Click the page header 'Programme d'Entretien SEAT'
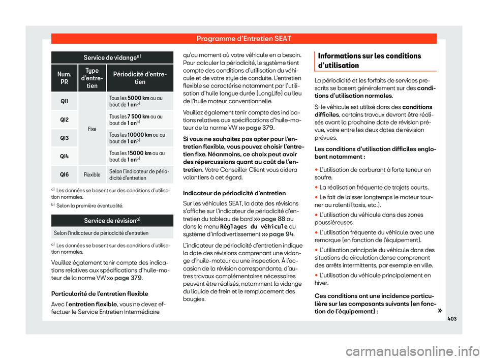(x=244, y=38)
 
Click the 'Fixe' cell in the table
(x=92, y=129)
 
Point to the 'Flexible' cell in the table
(x=92, y=175)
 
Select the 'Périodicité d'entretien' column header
(x=140, y=77)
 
